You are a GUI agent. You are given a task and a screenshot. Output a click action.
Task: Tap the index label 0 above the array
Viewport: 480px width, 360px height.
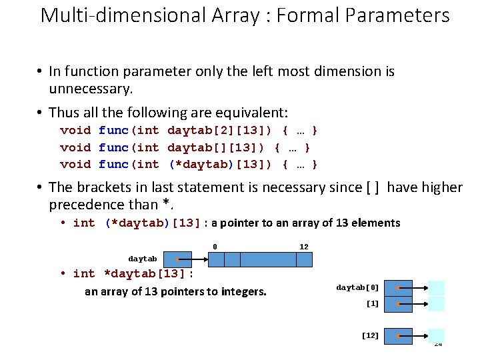tap(215, 247)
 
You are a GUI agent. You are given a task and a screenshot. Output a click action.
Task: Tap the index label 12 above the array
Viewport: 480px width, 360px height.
tap(303, 247)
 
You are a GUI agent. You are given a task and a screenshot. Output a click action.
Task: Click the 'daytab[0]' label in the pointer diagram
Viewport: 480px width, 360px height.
tap(357, 287)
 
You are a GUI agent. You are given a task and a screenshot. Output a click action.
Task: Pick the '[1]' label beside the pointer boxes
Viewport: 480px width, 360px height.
tap(372, 303)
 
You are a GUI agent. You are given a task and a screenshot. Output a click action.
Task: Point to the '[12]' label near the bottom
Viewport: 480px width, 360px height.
tap(370, 335)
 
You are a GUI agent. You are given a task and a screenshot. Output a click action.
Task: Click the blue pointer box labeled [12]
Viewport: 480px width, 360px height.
tap(399, 336)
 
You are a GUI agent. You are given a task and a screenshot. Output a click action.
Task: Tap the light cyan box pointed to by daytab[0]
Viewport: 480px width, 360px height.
tap(437, 288)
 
